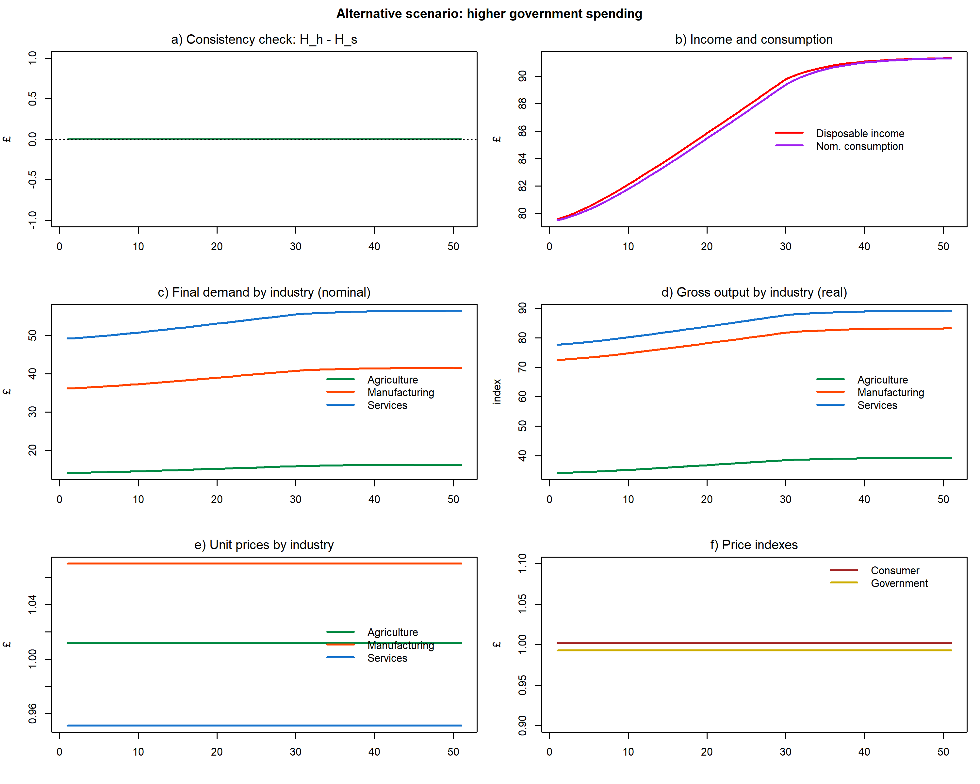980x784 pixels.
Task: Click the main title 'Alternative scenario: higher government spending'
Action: point(489,14)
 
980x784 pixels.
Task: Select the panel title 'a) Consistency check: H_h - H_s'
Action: point(264,40)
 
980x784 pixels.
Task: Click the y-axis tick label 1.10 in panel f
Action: point(522,563)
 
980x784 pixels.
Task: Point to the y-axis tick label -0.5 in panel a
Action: point(32,180)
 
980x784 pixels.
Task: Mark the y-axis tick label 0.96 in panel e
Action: point(32,713)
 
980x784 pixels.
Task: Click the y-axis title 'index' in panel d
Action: point(497,391)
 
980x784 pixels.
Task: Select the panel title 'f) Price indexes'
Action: point(754,545)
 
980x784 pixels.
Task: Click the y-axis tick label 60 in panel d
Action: point(522,397)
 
